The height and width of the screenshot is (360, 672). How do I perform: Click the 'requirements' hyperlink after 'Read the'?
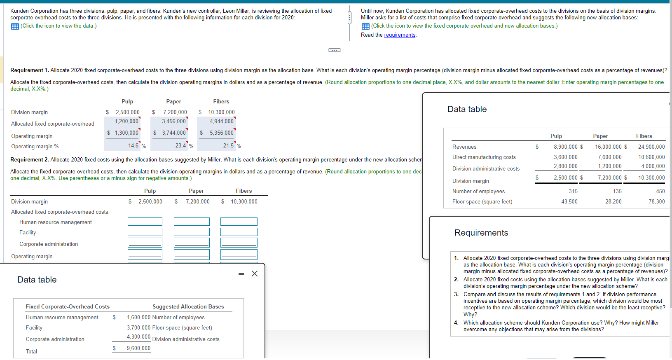pyautogui.click(x=400, y=35)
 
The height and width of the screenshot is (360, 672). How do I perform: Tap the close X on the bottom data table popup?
pyautogui.click(x=255, y=274)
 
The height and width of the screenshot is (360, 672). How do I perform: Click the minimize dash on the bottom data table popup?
pyautogui.click(x=241, y=274)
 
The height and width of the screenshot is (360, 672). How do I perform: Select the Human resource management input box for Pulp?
pyautogui.click(x=145, y=222)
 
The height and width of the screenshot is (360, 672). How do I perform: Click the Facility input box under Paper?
pyautogui.click(x=192, y=232)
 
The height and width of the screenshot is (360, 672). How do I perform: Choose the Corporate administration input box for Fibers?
pyautogui.click(x=239, y=243)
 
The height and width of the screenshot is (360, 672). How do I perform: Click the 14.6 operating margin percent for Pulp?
pyautogui.click(x=133, y=145)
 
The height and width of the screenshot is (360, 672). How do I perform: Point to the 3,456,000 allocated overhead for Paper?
pyautogui.click(x=173, y=122)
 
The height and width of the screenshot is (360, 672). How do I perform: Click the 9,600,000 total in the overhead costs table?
pyautogui.click(x=138, y=348)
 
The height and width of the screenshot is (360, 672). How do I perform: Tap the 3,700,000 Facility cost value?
pyautogui.click(x=138, y=328)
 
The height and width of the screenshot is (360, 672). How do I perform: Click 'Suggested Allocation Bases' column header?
pyautogui.click(x=188, y=306)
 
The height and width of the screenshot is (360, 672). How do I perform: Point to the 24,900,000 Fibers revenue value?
pyautogui.click(x=651, y=147)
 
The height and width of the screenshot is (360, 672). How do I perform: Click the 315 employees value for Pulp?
pyautogui.click(x=573, y=191)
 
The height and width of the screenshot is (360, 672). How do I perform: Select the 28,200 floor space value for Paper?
pyautogui.click(x=613, y=201)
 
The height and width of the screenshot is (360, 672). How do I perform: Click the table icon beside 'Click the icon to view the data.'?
pyautogui.click(x=15, y=26)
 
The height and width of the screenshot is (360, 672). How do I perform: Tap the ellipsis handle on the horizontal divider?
pyautogui.click(x=334, y=50)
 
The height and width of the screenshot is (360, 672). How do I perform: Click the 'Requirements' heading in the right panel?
pyautogui.click(x=481, y=233)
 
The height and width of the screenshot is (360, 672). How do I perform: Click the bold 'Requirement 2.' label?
pyautogui.click(x=29, y=160)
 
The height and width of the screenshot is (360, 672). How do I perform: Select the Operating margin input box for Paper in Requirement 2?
pyautogui.click(x=192, y=255)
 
